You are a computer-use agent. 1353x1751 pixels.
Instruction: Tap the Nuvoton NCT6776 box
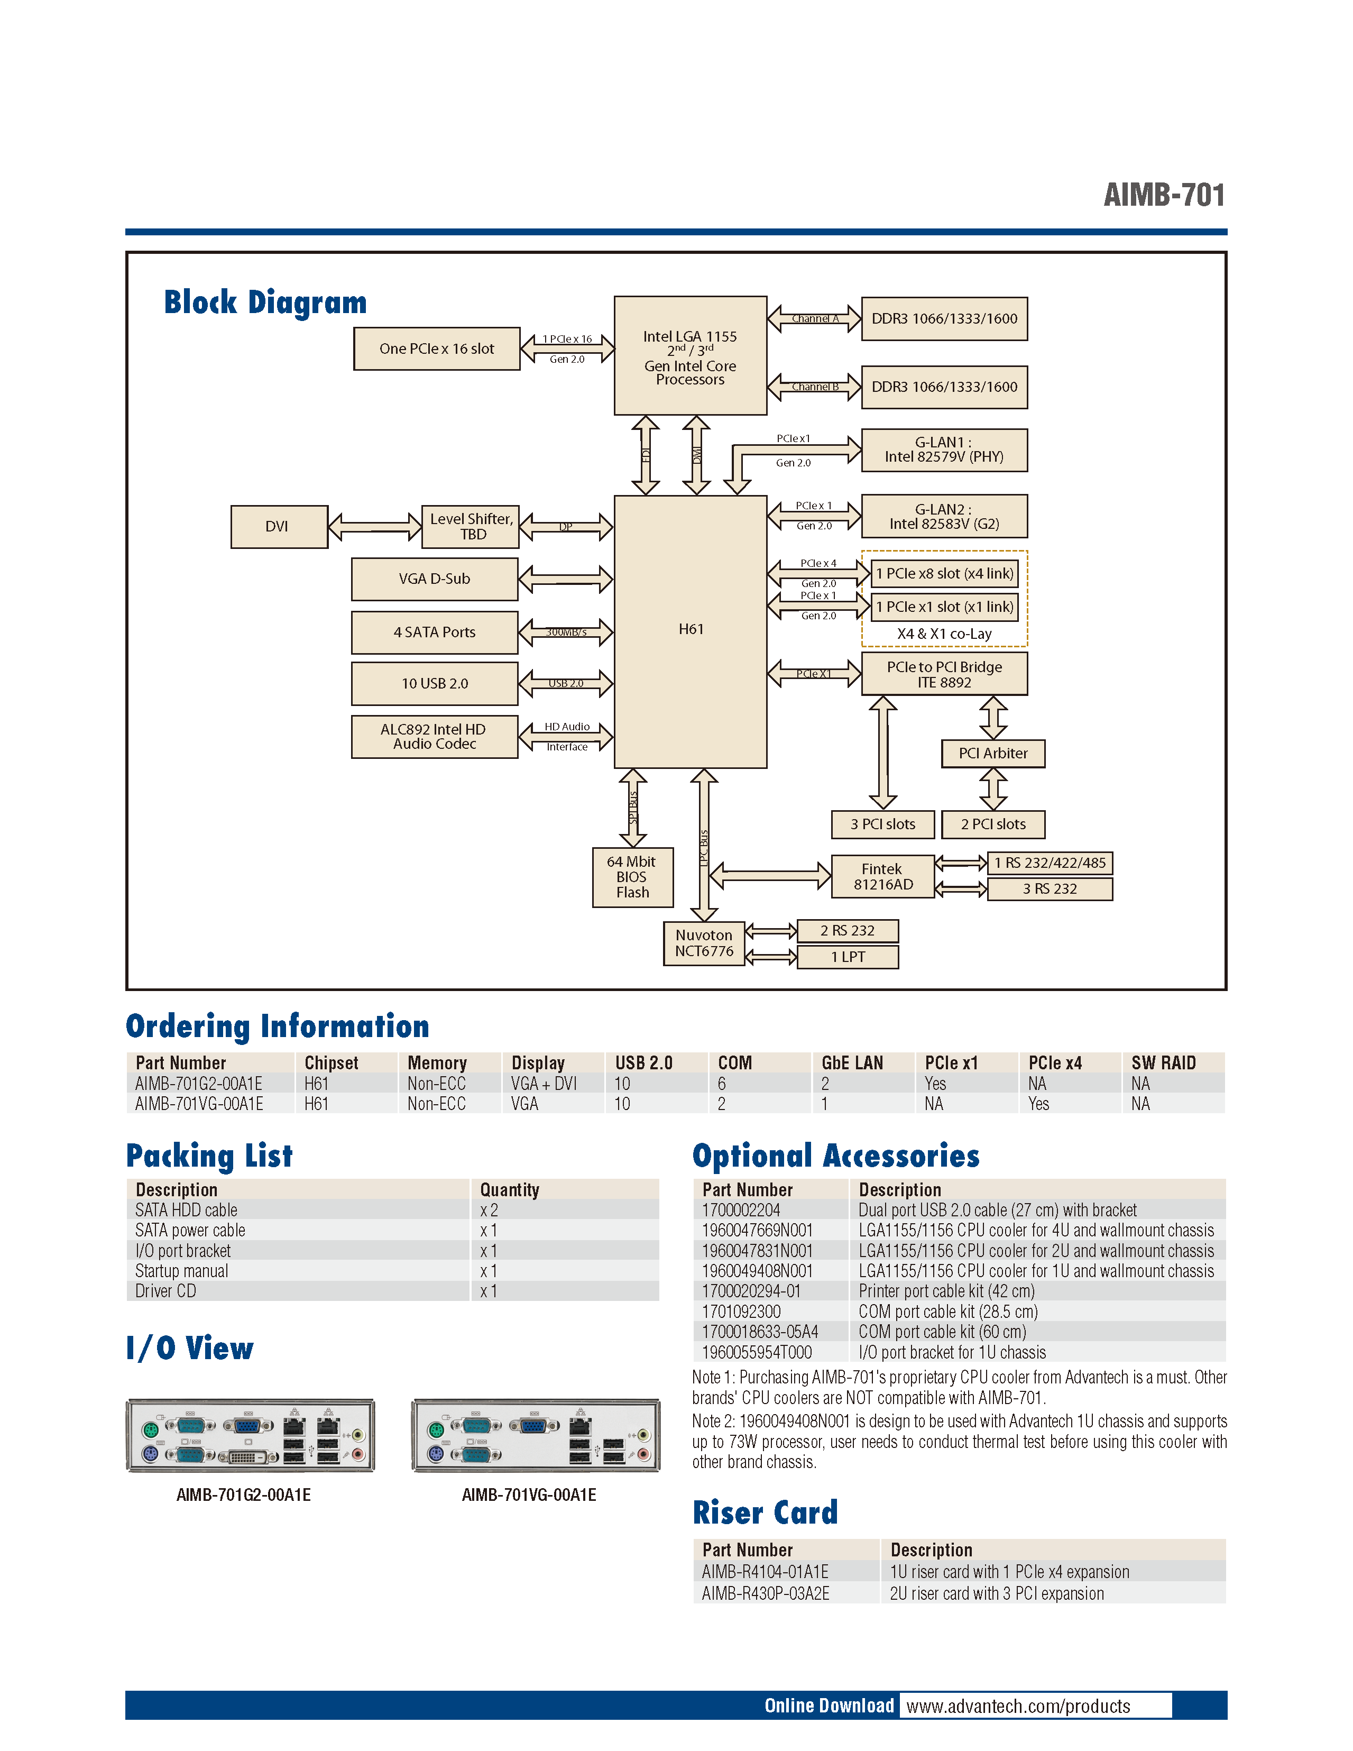[704, 943]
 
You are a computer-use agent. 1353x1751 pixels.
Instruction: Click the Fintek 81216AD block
[882, 876]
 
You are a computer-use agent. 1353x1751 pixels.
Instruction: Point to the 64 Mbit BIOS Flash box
[632, 877]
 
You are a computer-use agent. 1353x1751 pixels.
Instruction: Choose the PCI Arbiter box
[992, 754]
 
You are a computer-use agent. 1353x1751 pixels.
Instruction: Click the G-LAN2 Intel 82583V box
[944, 516]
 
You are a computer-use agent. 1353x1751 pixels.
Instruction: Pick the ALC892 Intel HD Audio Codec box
[435, 737]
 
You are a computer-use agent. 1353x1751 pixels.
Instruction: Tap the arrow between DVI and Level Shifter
[374, 527]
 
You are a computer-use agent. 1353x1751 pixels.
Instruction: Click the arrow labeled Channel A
[814, 318]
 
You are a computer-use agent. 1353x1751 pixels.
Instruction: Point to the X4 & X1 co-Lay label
[944, 634]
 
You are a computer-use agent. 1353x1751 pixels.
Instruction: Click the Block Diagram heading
[265, 302]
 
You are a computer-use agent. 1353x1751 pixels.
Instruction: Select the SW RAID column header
[1163, 1063]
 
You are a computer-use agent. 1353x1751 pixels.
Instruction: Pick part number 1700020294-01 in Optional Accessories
[751, 1291]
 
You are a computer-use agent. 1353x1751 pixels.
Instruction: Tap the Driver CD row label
[166, 1291]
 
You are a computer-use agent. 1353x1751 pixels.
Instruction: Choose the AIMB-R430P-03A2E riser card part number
[766, 1594]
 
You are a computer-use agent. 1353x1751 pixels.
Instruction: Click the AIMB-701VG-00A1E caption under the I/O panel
[529, 1495]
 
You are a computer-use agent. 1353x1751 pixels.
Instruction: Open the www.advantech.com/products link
[1018, 1706]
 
